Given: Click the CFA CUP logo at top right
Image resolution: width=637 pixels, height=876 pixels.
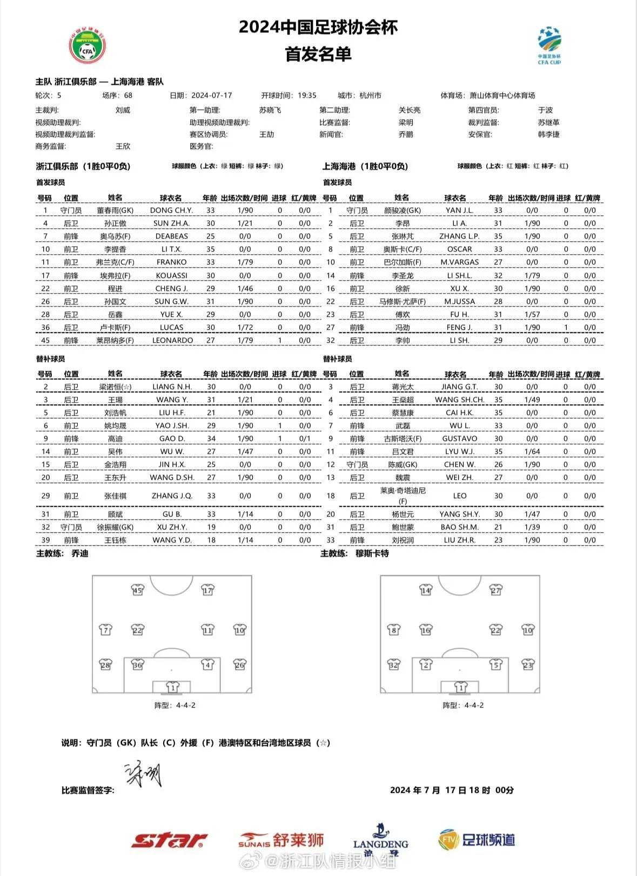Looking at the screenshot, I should tap(549, 46).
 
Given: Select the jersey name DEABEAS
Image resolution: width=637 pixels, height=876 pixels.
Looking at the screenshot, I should tap(172, 236).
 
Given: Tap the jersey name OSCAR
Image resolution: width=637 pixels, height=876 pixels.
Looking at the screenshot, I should tap(459, 249).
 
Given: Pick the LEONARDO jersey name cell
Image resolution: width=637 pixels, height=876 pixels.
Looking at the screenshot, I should tap(172, 341).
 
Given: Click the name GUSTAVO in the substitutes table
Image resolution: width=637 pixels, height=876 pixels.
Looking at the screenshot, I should tap(459, 439).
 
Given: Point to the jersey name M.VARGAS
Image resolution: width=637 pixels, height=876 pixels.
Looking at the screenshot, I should tap(459, 262).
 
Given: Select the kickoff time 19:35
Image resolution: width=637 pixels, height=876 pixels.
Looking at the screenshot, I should tap(307, 96).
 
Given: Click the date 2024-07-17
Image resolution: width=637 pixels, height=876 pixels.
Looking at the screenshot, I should tap(212, 96).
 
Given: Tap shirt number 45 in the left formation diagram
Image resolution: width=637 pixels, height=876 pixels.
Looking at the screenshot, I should tap(138, 590).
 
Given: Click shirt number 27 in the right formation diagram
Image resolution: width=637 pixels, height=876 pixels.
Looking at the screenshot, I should tap(495, 590).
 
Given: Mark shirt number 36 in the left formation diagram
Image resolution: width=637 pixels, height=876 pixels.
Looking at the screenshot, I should tap(138, 664).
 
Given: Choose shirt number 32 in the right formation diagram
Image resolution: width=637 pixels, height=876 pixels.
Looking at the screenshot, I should tap(394, 664).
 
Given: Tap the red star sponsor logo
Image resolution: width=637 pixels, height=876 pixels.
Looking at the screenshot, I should tap(169, 840).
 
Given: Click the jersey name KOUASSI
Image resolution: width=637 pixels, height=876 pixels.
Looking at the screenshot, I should tap(172, 275).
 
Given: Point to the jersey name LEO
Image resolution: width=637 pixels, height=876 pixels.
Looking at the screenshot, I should tap(460, 496).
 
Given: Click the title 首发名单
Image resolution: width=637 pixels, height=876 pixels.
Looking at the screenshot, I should tap(318, 54).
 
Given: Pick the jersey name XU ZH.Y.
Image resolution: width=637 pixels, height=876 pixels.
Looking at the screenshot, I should tap(172, 527).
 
